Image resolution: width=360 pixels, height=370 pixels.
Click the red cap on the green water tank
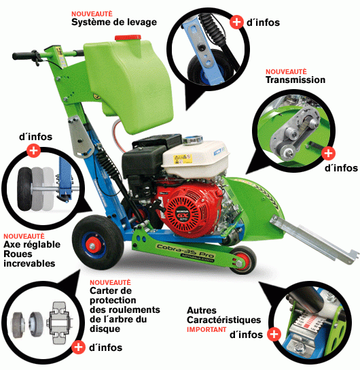click(128, 37)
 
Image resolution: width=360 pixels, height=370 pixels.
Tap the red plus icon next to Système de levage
click(236, 22)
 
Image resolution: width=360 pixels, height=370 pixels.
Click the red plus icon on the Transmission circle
click(328, 154)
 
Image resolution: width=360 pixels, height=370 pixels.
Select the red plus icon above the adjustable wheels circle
click(33, 151)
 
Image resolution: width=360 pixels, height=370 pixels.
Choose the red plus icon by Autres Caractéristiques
click(274, 334)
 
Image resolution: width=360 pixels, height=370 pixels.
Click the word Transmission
click(295, 80)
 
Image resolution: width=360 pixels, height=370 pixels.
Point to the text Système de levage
click(114, 22)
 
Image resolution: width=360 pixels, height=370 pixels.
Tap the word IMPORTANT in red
click(206, 329)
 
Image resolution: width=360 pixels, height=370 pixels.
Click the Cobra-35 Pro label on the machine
click(185, 251)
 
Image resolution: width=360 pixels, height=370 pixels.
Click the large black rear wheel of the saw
click(98, 242)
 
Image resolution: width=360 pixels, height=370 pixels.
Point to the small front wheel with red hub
click(242, 260)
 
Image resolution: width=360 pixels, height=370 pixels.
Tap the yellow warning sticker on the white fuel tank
click(183, 158)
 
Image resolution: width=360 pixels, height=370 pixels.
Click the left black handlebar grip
click(23, 56)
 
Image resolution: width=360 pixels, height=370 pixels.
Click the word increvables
click(29, 264)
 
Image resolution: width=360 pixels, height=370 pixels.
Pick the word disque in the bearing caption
click(105, 329)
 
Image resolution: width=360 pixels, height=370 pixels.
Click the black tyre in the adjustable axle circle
click(24, 189)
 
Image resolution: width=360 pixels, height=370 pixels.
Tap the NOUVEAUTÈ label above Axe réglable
click(24, 236)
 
